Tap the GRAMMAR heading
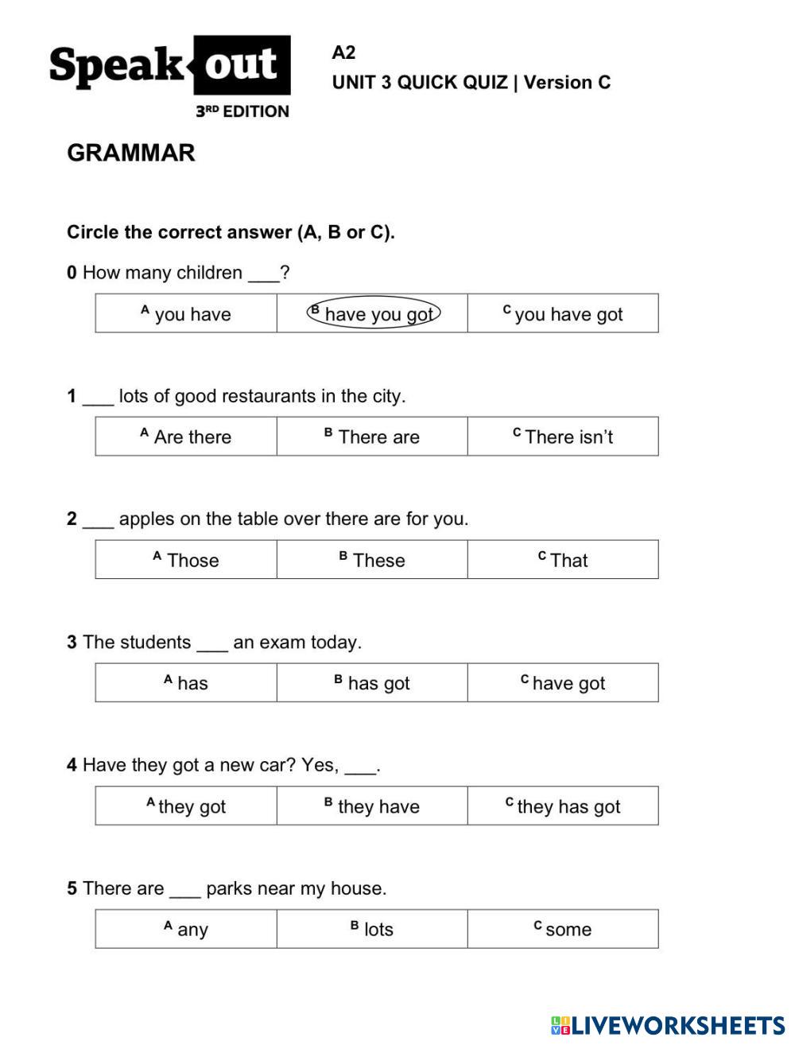pyautogui.click(x=131, y=153)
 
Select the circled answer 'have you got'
pyautogui.click(x=374, y=314)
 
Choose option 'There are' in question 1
pyautogui.click(x=372, y=437)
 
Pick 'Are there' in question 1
pyautogui.click(x=186, y=437)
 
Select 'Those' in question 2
pyautogui.click(x=186, y=560)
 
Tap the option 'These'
pyautogui.click(x=372, y=560)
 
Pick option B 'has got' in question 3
pyautogui.click(x=372, y=683)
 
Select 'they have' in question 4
pyautogui.click(x=372, y=806)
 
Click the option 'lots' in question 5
pyautogui.click(x=372, y=929)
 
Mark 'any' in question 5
pyautogui.click(x=186, y=929)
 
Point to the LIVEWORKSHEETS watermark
pyautogui.click(x=667, y=1025)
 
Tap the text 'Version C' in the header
pyautogui.click(x=567, y=83)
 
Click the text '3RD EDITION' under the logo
pyautogui.click(x=242, y=111)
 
